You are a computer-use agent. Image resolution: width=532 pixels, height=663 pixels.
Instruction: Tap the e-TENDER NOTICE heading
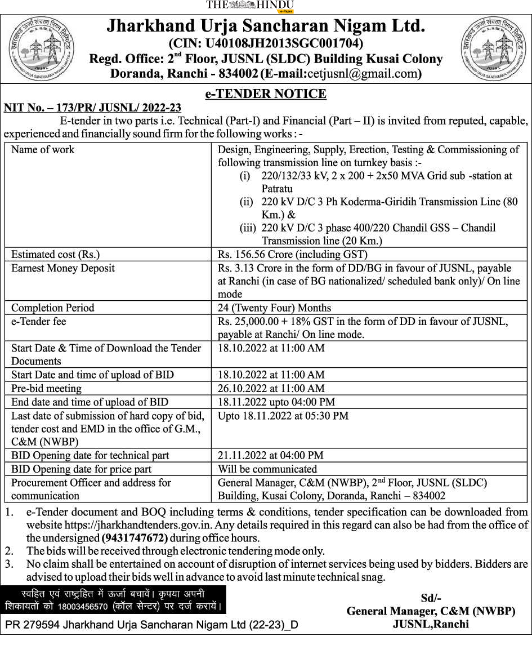[266, 94]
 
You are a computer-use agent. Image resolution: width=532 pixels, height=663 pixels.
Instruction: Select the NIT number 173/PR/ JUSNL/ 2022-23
[92, 108]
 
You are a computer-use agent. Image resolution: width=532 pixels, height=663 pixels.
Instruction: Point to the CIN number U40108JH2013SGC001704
[266, 43]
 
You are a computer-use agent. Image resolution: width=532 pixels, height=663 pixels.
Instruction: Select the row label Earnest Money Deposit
[62, 268]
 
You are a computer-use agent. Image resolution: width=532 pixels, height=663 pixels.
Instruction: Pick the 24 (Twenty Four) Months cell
[274, 308]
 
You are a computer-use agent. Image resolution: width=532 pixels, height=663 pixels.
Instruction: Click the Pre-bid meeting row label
[46, 389]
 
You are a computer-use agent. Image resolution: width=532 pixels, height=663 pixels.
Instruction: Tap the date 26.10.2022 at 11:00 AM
[271, 389]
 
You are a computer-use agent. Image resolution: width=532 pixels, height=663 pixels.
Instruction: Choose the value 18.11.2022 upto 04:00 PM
[276, 402]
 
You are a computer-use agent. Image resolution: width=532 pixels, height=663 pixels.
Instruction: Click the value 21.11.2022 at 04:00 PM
[270, 455]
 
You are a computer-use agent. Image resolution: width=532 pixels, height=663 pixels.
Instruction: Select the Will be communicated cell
[267, 469]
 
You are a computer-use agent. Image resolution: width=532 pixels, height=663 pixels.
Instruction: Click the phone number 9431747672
[135, 538]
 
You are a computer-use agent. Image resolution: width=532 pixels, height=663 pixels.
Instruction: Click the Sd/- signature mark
[431, 598]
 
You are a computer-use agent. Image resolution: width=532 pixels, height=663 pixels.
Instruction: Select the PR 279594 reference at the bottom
[151, 625]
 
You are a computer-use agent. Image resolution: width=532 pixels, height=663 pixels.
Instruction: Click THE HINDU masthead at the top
[249, 5]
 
